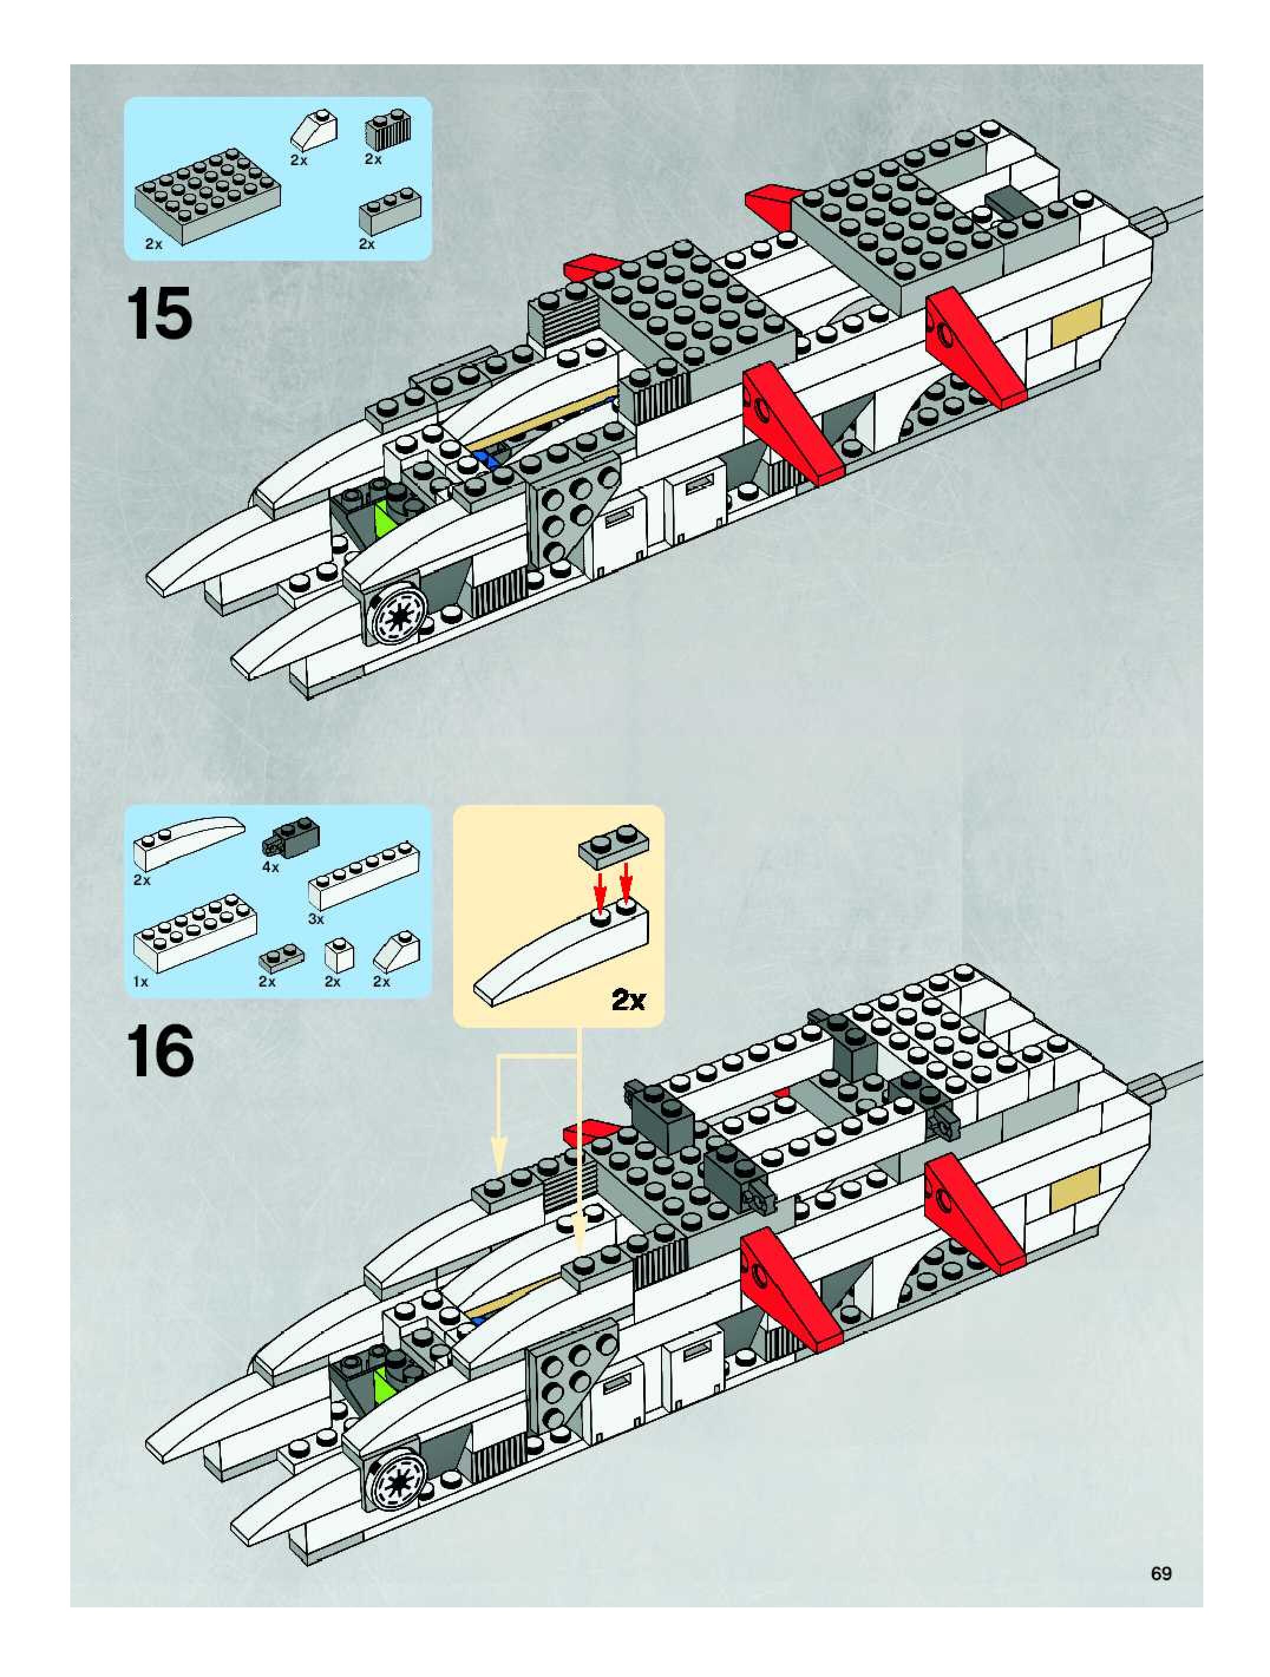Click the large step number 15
(x=160, y=314)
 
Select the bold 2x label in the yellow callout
(x=628, y=1001)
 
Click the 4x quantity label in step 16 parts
(x=271, y=867)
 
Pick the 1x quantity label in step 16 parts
(x=141, y=981)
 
